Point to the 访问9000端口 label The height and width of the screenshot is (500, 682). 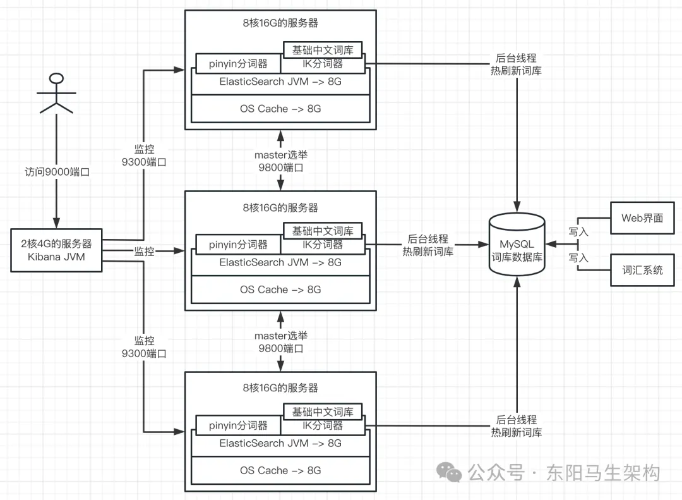click(57, 172)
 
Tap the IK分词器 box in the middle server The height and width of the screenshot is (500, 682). click(322, 245)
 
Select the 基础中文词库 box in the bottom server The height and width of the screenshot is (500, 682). click(322, 412)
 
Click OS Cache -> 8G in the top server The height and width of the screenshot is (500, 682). click(280, 109)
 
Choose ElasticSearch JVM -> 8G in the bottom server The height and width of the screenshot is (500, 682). click(280, 443)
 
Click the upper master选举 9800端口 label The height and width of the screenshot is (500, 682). click(280, 161)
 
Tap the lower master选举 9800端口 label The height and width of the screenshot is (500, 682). click(280, 342)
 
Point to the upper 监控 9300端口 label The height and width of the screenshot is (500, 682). click(144, 155)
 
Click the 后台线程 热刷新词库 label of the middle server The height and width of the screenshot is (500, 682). click(428, 245)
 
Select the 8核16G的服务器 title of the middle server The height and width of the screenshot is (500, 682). click(280, 207)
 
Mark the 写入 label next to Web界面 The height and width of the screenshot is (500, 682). click(578, 232)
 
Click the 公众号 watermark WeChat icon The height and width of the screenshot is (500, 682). click(452, 473)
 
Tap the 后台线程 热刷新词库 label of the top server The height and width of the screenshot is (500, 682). click(517, 64)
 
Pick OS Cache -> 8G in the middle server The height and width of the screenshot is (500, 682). click(280, 290)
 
